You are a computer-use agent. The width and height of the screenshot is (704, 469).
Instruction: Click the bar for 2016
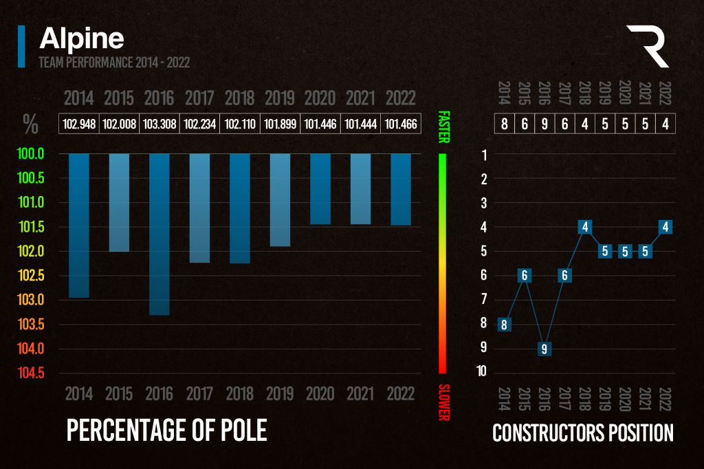[x=159, y=234]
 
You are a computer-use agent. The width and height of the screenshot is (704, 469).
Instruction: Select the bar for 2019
[x=280, y=199]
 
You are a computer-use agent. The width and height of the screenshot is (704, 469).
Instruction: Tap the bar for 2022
[x=401, y=189]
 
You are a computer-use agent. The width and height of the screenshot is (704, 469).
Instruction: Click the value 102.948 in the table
[x=79, y=124]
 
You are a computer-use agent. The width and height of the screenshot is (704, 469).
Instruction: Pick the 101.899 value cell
[x=280, y=124]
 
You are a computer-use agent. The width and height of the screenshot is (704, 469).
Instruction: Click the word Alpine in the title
[x=82, y=39]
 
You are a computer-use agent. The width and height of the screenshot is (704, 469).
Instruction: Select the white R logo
[x=648, y=46]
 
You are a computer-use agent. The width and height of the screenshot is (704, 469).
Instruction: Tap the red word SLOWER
[x=443, y=402]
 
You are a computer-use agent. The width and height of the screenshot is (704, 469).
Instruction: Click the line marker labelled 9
[x=544, y=349]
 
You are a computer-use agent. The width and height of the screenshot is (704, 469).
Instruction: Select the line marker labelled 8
[x=504, y=325]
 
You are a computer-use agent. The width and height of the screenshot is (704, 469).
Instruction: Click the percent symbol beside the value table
[x=30, y=124]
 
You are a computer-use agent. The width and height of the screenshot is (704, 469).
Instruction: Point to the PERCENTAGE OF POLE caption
[x=166, y=430]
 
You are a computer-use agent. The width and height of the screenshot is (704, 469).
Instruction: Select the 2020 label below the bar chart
[x=320, y=393]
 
